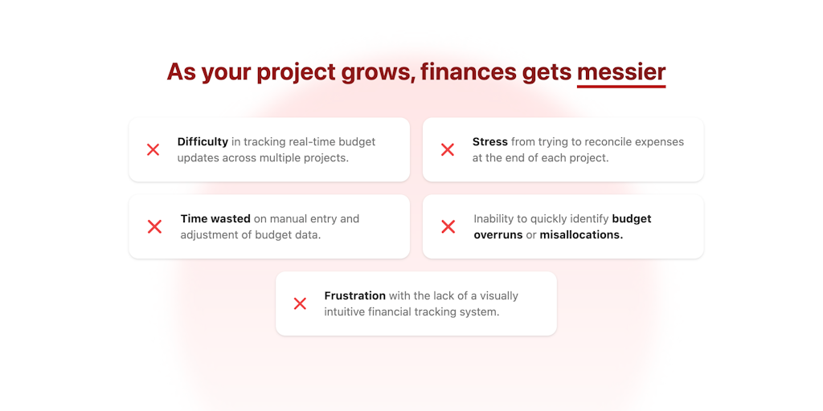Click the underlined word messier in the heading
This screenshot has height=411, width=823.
(x=621, y=71)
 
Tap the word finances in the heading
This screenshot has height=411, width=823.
(x=469, y=71)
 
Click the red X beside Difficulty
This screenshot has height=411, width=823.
(x=153, y=150)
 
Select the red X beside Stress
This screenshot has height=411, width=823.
(x=447, y=150)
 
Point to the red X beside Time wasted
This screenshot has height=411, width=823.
(x=154, y=226)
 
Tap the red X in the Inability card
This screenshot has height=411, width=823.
(x=448, y=226)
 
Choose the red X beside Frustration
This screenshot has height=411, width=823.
(x=300, y=303)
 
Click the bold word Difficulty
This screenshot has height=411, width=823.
(x=203, y=142)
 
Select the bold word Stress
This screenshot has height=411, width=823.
(x=489, y=141)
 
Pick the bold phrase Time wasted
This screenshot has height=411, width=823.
(x=215, y=218)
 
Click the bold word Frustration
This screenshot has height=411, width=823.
(x=354, y=295)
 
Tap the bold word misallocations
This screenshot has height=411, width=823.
(x=581, y=235)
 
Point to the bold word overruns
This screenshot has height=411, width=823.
(x=498, y=235)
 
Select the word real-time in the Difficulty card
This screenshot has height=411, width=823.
(x=299, y=142)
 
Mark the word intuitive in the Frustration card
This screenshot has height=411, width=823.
(x=342, y=312)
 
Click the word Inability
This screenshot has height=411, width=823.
(x=493, y=219)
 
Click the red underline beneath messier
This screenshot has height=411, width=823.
(x=621, y=86)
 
